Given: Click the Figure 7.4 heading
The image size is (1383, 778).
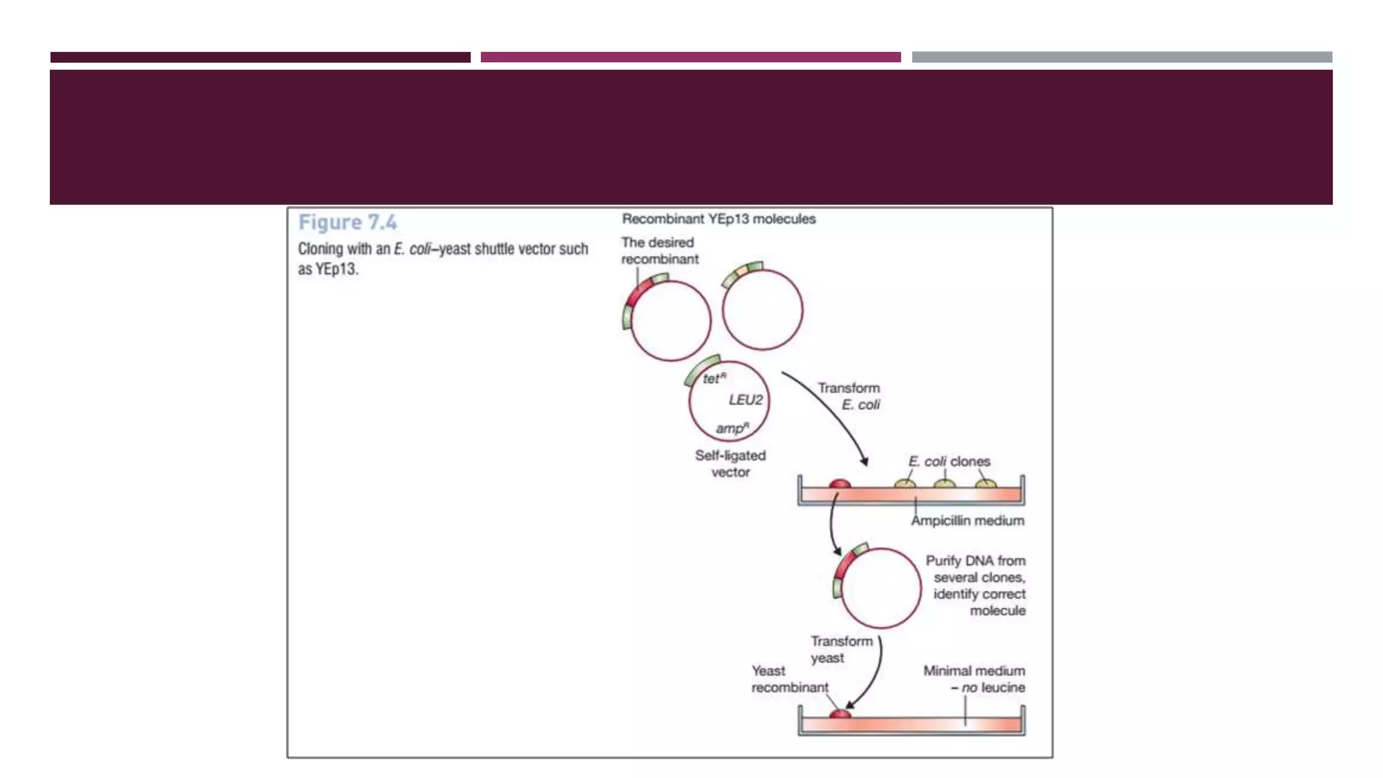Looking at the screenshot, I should tap(347, 222).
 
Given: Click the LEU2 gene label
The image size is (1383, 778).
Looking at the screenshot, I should tap(745, 400).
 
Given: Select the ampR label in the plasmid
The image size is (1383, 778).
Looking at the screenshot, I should tap(732, 428).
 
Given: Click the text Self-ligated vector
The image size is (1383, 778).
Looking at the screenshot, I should tap(730, 463).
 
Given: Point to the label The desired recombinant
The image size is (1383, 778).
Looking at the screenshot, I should tap(659, 251).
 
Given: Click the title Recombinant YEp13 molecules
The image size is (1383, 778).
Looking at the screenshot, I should tap(719, 219).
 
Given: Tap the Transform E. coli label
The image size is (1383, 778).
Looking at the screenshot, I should tap(849, 396).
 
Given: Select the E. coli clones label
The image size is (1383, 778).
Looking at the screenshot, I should tap(949, 461).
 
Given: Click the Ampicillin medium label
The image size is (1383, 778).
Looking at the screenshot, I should tap(967, 521).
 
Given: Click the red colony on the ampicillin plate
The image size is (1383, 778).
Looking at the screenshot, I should tap(839, 484).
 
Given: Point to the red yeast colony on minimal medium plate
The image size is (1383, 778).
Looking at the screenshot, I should tap(839, 714).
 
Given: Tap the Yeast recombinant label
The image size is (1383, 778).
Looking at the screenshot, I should tap(789, 679).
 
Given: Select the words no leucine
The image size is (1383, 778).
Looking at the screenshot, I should tap(993, 688).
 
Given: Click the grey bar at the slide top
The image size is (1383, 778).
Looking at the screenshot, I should tap(1122, 57).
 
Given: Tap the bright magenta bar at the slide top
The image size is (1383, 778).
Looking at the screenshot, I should tap(690, 57).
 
